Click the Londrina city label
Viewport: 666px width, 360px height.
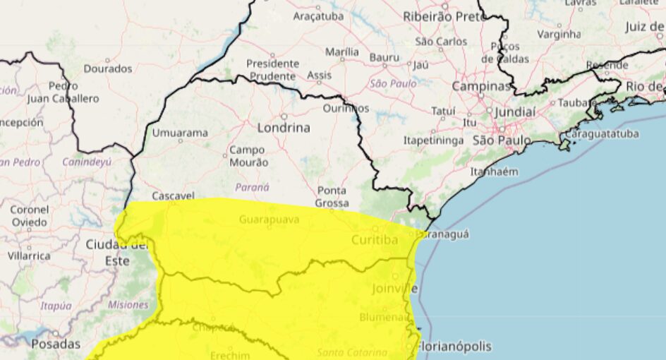pyautogui.click(x=284, y=128)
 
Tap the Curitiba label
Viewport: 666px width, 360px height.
pyautogui.click(x=374, y=240)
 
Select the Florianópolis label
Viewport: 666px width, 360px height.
pyautogui.click(x=454, y=347)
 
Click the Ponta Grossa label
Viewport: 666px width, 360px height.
pyautogui.click(x=332, y=197)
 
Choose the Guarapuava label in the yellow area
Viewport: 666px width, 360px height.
pyautogui.click(x=269, y=220)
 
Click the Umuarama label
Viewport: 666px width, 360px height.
pyautogui.click(x=181, y=133)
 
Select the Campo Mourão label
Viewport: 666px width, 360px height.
pyautogui.click(x=248, y=156)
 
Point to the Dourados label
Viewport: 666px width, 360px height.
pyautogui.click(x=108, y=68)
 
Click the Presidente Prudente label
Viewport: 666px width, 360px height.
pyautogui.click(x=272, y=69)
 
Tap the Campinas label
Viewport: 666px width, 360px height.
pyautogui.click(x=480, y=86)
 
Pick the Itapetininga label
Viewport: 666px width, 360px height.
pyautogui.click(x=433, y=140)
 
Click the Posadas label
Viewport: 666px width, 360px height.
pyautogui.click(x=56, y=344)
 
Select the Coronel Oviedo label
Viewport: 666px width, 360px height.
pyautogui.click(x=30, y=216)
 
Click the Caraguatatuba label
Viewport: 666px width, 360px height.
pyautogui.click(x=602, y=133)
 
